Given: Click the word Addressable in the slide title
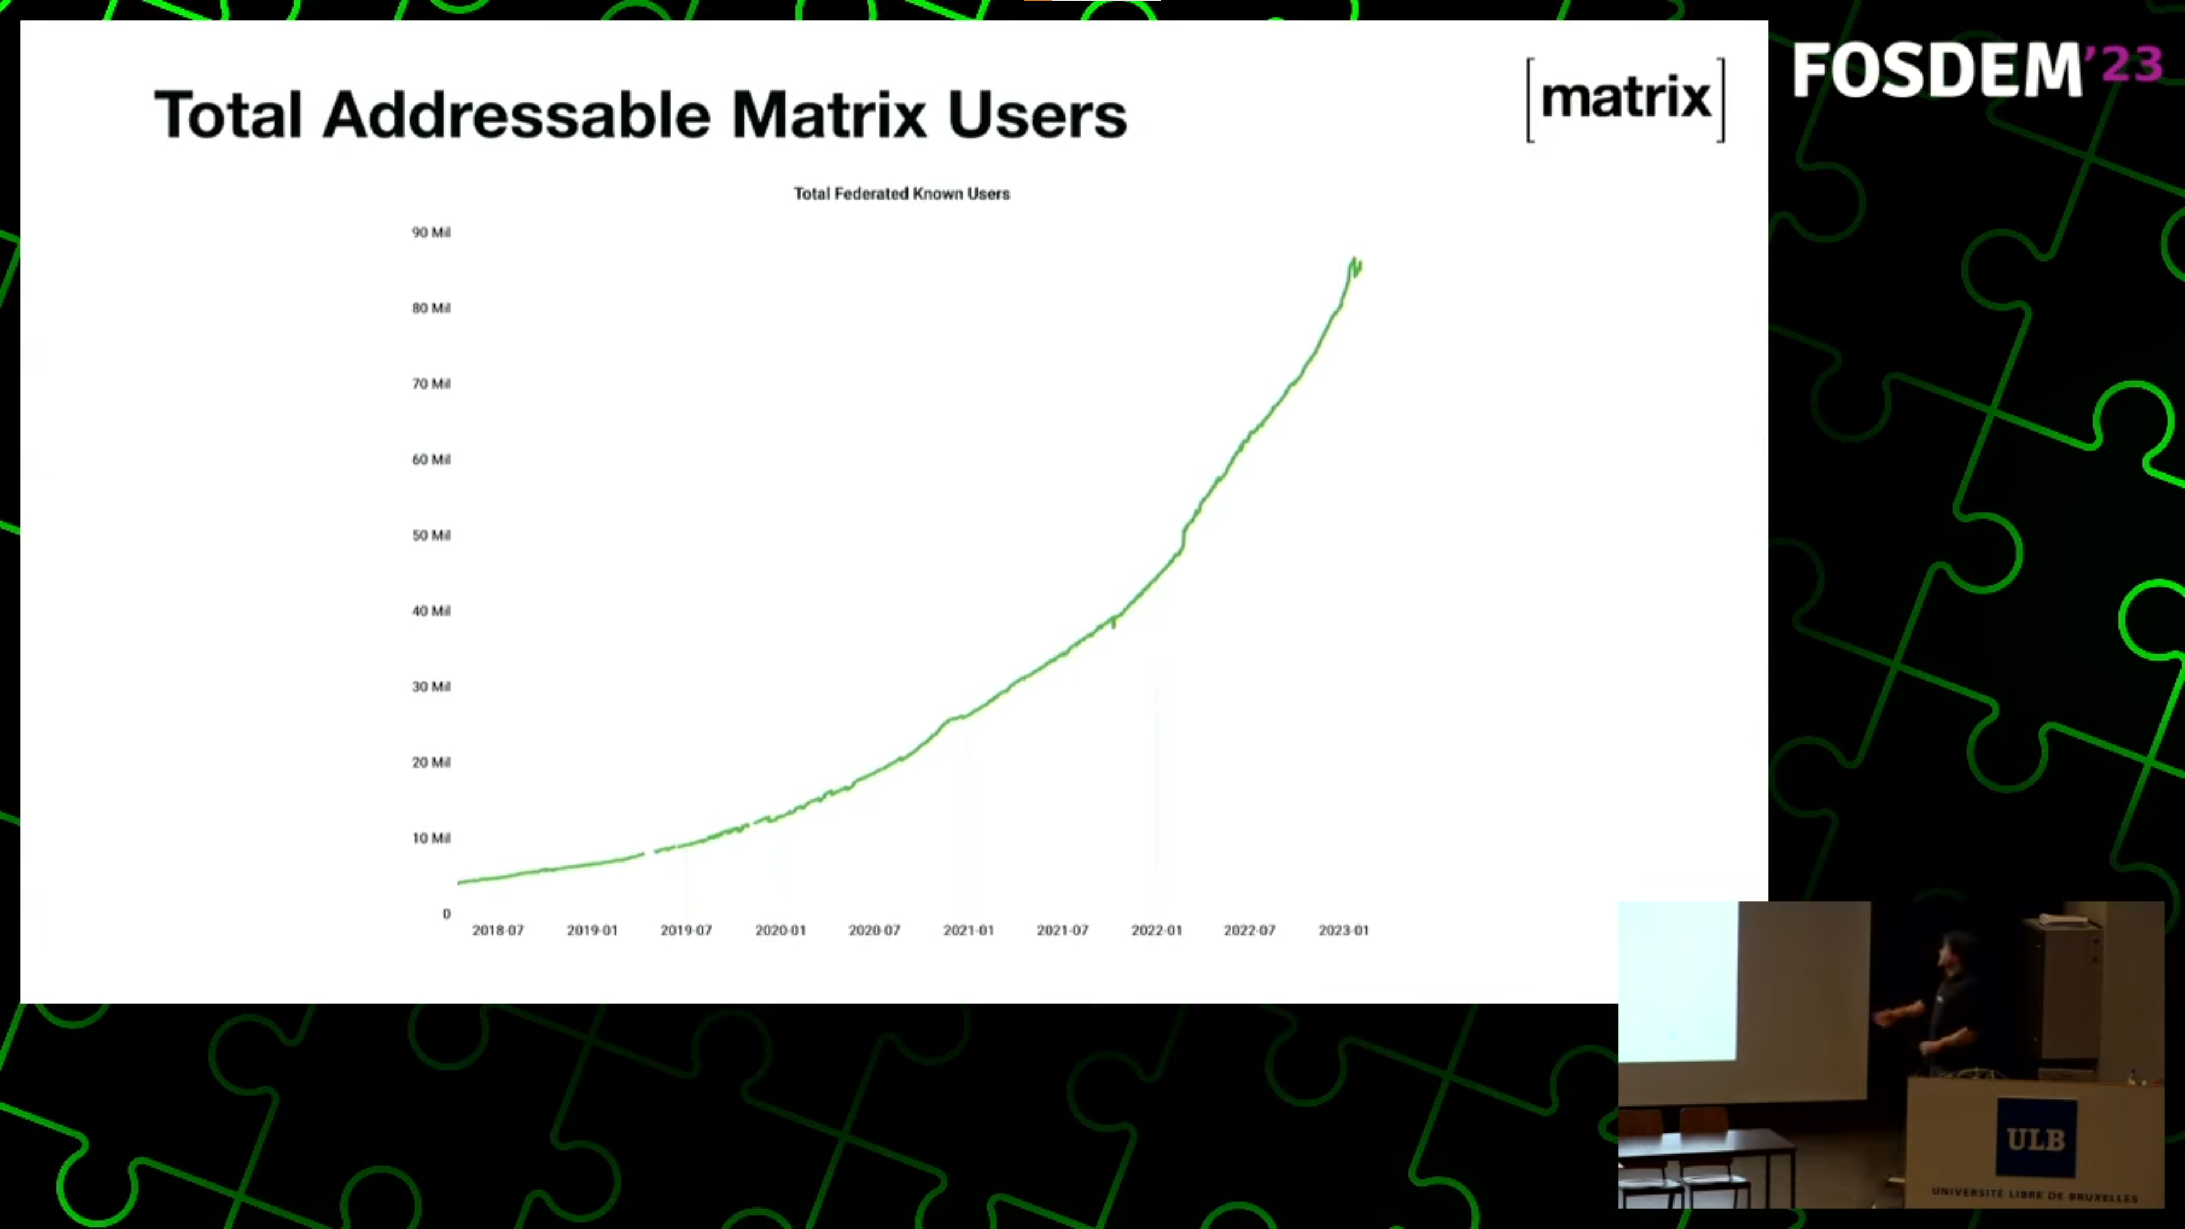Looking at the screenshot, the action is pyautogui.click(x=517, y=114).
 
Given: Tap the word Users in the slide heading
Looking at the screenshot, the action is pyautogui.click(x=1037, y=114).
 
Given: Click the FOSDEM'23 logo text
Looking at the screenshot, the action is pyautogui.click(x=1976, y=71).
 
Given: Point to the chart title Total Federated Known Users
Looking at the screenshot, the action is pyautogui.click(x=902, y=193).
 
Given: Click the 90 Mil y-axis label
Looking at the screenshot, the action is pyautogui.click(x=431, y=232).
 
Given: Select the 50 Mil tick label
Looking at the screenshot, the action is pyautogui.click(x=431, y=535).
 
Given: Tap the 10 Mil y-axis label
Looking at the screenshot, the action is pyautogui.click(x=431, y=838).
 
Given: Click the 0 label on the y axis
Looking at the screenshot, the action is pyautogui.click(x=446, y=913).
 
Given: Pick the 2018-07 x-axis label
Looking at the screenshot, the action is pyautogui.click(x=498, y=930).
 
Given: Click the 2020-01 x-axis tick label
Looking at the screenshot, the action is pyautogui.click(x=780, y=930).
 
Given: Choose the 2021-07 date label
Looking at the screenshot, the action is pyautogui.click(x=1062, y=930).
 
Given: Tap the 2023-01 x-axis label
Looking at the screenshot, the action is pyautogui.click(x=1343, y=930).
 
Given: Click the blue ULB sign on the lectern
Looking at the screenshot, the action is pyautogui.click(x=2036, y=1138).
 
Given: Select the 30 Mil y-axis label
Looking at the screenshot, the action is pyautogui.click(x=431, y=686).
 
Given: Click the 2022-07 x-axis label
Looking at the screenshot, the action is pyautogui.click(x=1250, y=930).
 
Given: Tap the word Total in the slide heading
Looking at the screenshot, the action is pyautogui.click(x=228, y=114).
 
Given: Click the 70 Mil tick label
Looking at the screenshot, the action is pyautogui.click(x=431, y=383).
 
